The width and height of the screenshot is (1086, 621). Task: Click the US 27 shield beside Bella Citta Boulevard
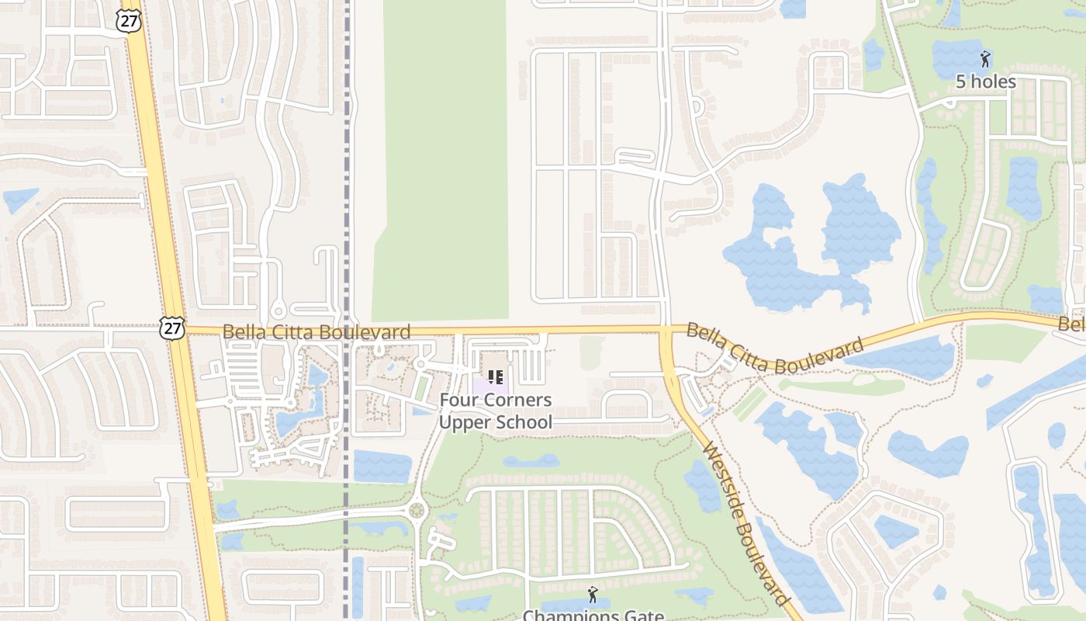172,328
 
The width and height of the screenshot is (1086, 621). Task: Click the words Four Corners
496,401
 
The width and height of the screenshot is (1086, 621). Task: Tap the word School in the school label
526,422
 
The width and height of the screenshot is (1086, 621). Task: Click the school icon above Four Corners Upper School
496,378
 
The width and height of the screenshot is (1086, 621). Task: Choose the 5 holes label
985,82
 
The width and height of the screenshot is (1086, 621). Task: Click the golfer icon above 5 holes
985,59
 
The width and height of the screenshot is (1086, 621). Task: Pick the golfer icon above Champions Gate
593,595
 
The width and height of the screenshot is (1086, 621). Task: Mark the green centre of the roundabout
417,511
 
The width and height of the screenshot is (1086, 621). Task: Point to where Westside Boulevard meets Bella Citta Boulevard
666,332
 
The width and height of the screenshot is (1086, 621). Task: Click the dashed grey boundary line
347,194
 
